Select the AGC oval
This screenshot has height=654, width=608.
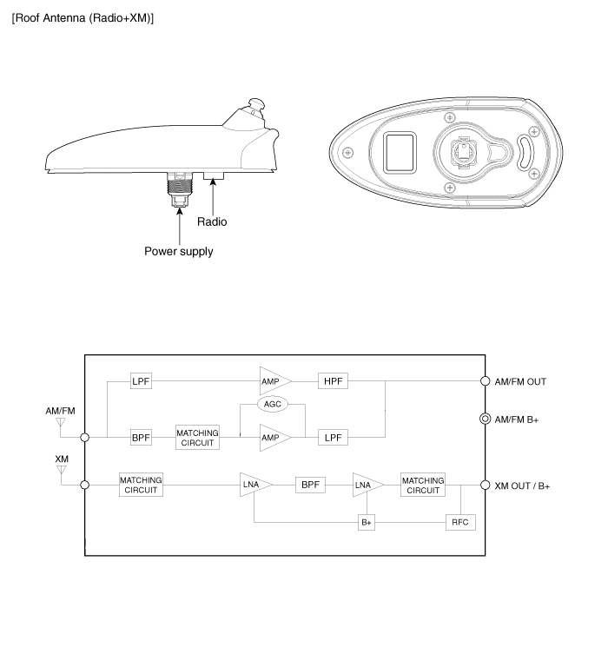[x=273, y=406]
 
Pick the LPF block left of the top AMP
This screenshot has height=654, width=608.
[x=141, y=380]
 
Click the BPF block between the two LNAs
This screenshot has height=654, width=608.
[x=310, y=485]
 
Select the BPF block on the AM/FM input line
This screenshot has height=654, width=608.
[x=141, y=438]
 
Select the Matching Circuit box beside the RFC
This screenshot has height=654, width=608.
[x=423, y=485]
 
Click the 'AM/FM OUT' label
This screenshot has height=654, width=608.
[x=522, y=381]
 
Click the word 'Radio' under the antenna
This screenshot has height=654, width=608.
[x=212, y=221]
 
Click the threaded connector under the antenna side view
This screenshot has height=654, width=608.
[x=179, y=188]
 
